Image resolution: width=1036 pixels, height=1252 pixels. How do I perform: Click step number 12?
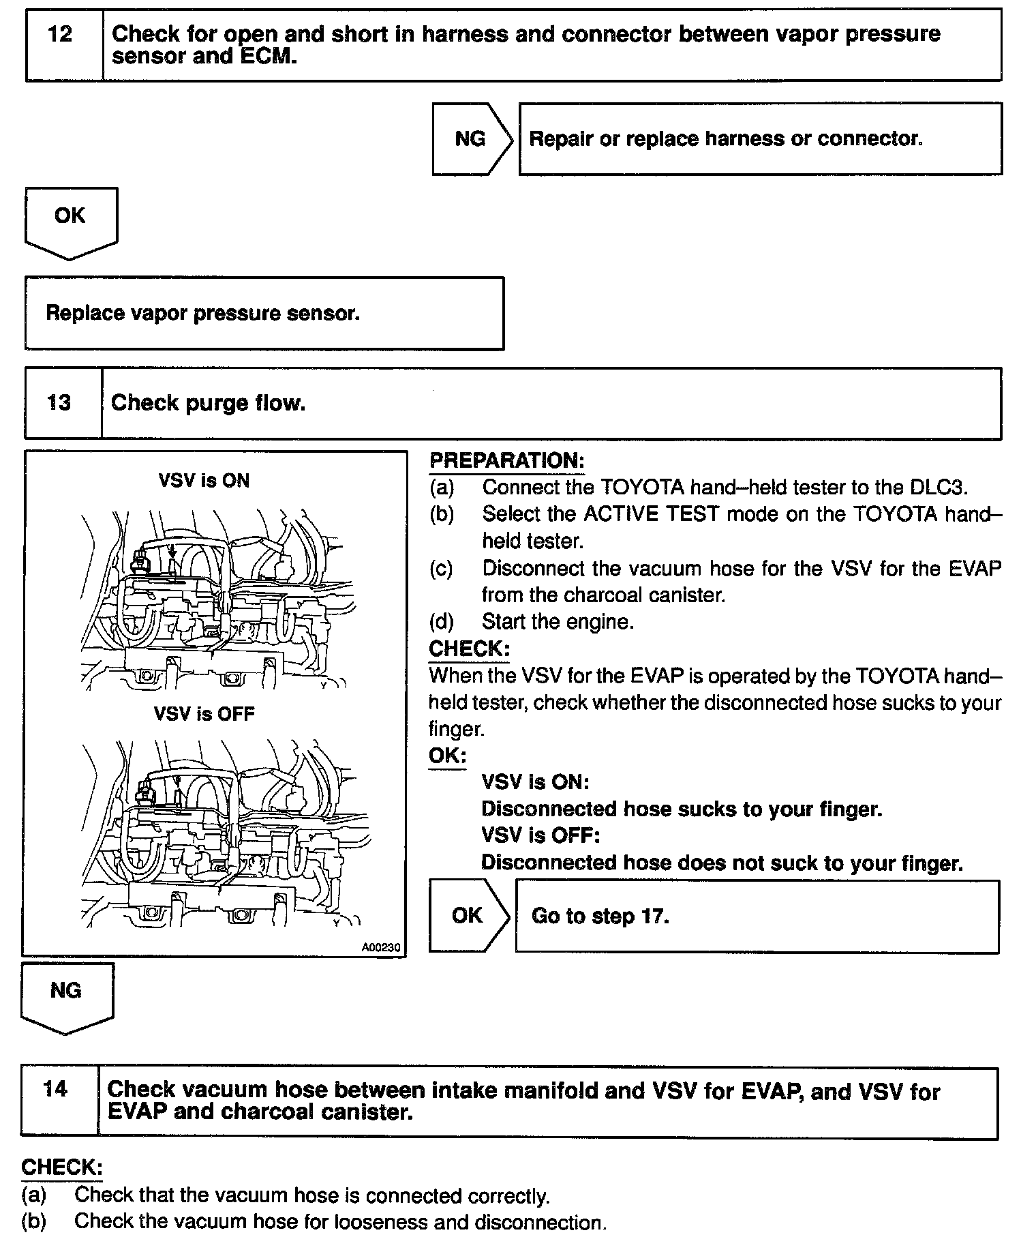click(x=60, y=34)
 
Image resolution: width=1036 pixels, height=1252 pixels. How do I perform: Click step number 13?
click(x=59, y=402)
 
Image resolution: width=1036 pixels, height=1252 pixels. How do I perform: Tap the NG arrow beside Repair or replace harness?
click(x=470, y=139)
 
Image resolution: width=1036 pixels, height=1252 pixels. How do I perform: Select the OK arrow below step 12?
click(x=70, y=216)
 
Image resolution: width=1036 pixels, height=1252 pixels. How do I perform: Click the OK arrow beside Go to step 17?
click(x=467, y=915)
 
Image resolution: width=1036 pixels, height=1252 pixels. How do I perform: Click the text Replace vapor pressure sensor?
click(x=202, y=313)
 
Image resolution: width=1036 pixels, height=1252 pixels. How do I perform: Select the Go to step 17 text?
click(x=600, y=915)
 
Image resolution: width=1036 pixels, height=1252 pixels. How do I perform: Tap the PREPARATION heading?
click(x=506, y=461)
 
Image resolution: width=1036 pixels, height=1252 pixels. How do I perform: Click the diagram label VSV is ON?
click(x=204, y=481)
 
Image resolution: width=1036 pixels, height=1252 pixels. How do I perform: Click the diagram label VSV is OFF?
click(x=204, y=714)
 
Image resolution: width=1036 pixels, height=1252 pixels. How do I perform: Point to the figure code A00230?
click(x=381, y=947)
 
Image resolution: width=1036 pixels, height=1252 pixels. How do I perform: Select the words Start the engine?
click(x=558, y=621)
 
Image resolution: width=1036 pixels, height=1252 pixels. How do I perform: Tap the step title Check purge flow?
click(x=208, y=403)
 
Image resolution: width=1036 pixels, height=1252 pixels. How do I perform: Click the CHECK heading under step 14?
click(x=61, y=1167)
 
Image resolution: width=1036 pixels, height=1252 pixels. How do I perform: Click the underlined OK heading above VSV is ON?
click(x=447, y=756)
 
